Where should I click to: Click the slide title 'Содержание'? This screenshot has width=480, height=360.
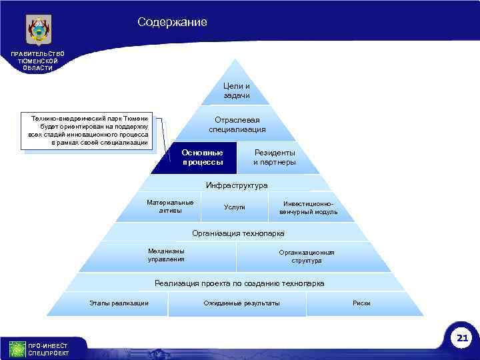172,22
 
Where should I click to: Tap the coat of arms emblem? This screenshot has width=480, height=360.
39,30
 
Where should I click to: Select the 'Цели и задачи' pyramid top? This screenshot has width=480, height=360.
237,91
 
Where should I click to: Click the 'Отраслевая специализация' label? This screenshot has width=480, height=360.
237,124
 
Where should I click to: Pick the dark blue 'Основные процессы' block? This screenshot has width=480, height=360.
202,157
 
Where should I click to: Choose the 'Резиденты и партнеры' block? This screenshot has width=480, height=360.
274,157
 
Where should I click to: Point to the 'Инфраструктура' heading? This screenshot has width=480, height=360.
237,185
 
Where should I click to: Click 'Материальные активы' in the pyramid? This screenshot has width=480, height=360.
170,207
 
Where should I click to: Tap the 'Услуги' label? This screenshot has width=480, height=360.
235,207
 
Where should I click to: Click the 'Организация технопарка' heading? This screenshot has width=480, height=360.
238,233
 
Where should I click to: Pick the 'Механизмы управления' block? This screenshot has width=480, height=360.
166,255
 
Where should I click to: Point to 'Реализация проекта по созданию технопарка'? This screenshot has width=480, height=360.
239,283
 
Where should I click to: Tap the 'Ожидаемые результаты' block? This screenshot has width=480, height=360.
241,303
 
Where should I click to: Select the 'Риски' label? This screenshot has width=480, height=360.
361,303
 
